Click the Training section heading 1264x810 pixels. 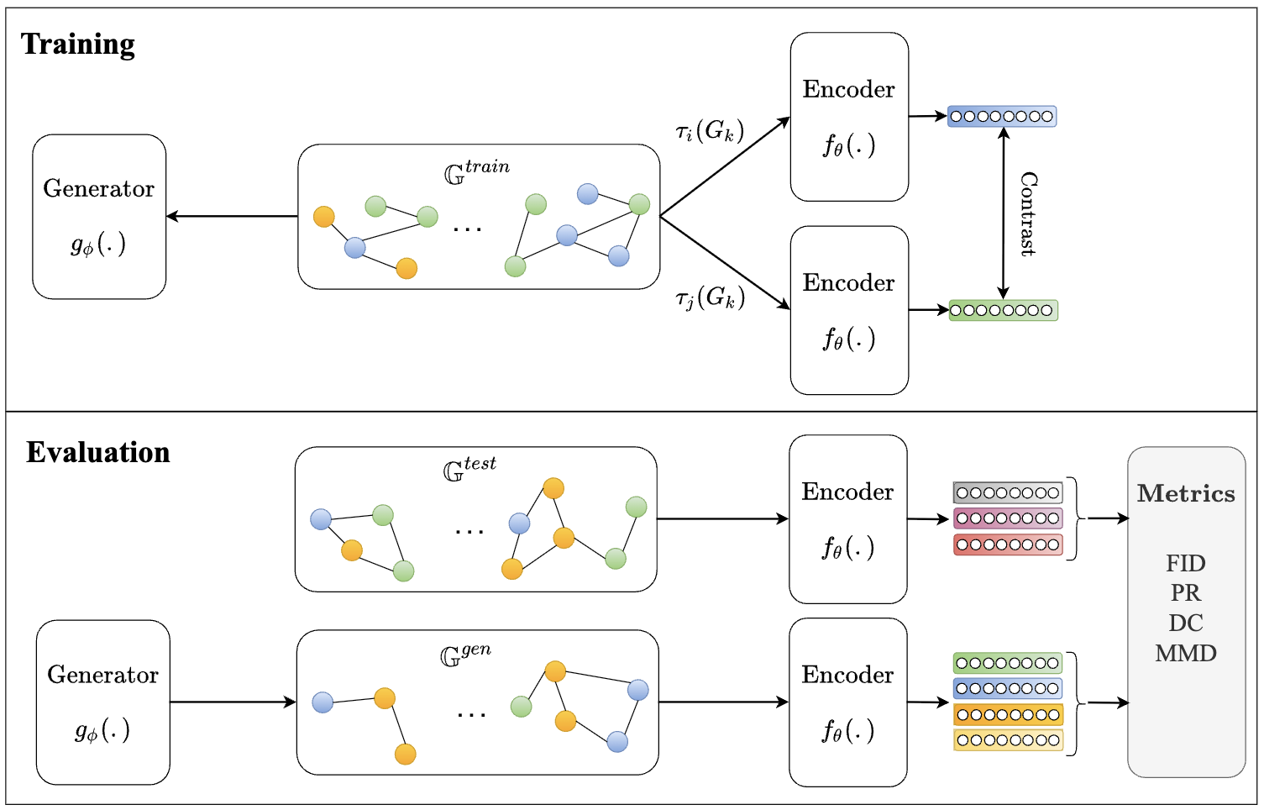click(78, 44)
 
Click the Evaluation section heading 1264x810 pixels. click(98, 452)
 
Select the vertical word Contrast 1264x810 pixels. click(1029, 214)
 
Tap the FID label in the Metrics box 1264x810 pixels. click(1186, 563)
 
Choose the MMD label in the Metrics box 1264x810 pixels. click(1186, 653)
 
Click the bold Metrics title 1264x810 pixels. click(1186, 493)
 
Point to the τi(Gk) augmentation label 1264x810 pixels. click(710, 132)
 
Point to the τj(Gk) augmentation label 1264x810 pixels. click(711, 297)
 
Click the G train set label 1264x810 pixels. click(477, 172)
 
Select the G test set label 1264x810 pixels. click(469, 469)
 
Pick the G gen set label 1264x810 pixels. click(465, 655)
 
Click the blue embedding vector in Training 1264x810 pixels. click(1002, 116)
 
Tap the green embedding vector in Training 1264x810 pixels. click(1004, 310)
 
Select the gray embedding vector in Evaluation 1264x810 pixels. click(1008, 492)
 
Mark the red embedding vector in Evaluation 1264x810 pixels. click(1008, 544)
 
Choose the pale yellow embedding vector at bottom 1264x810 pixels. click(1008, 740)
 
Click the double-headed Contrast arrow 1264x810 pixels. click(1003, 213)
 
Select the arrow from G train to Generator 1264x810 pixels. click(232, 216)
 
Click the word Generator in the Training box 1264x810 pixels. click(99, 188)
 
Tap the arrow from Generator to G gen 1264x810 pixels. click(233, 702)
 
